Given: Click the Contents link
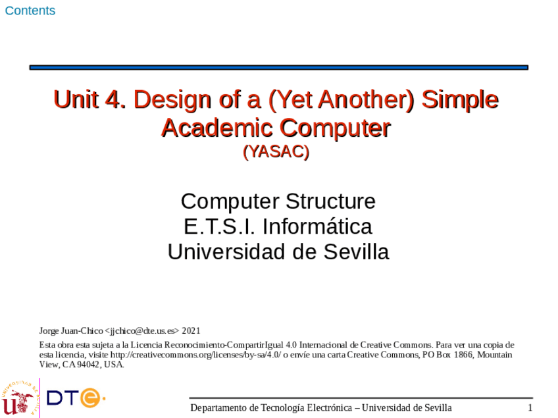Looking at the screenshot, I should point(30,11).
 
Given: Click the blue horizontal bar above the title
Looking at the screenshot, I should point(279,67).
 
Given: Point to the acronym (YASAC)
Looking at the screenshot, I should point(276,151).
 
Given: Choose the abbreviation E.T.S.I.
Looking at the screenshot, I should point(220,226).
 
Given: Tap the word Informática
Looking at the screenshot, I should point(318,226).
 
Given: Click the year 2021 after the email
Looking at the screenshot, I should point(191,330).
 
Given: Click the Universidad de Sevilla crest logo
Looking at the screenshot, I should point(18,397).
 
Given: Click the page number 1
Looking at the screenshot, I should point(530,408).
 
